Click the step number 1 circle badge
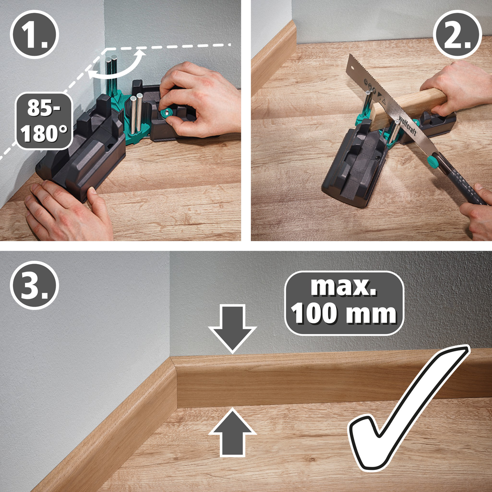coord(34,35)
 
